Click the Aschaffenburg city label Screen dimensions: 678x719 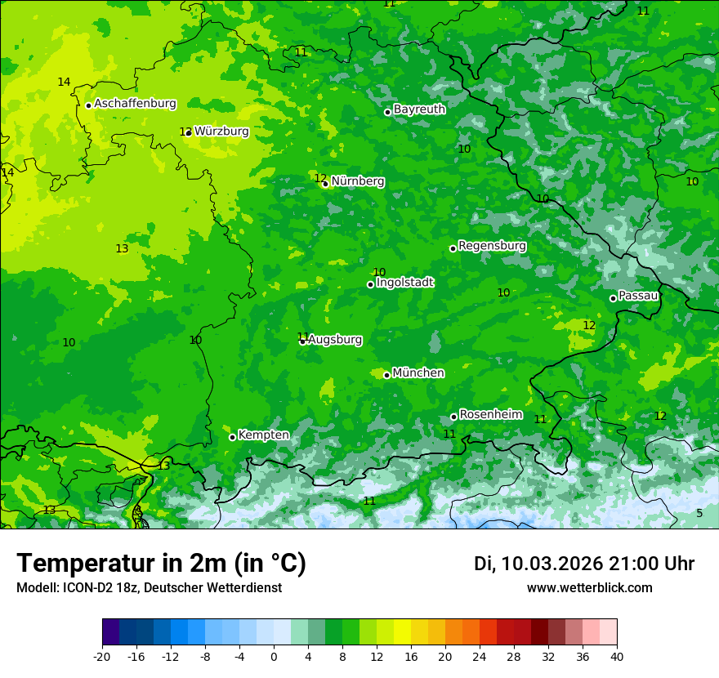pyautogui.click(x=135, y=104)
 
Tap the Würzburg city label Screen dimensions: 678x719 pyautogui.click(x=221, y=131)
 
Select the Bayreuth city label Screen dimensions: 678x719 pyautogui.click(x=419, y=109)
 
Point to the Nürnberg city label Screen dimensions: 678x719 pyautogui.click(x=357, y=181)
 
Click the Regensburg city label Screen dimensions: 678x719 pyautogui.click(x=492, y=246)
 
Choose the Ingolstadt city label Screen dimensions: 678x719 pyautogui.click(x=404, y=283)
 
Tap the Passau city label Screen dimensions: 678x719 pyautogui.click(x=638, y=296)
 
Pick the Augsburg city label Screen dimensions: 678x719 pyautogui.click(x=335, y=340)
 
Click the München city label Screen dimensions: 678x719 pyautogui.click(x=418, y=373)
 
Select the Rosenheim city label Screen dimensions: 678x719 pyautogui.click(x=490, y=415)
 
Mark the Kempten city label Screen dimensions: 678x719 pyautogui.click(x=263, y=435)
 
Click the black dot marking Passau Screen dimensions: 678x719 pyautogui.click(x=613, y=298)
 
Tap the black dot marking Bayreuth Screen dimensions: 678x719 pyautogui.click(x=388, y=112)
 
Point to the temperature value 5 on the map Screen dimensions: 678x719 pyautogui.click(x=699, y=513)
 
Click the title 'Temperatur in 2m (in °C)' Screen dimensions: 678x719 pyautogui.click(x=161, y=564)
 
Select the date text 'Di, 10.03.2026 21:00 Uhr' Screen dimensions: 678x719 pyautogui.click(x=584, y=564)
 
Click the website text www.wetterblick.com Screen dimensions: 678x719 pyautogui.click(x=589, y=588)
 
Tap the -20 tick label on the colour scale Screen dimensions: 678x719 pyautogui.click(x=102, y=656)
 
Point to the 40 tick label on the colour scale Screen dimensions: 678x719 pyautogui.click(x=617, y=656)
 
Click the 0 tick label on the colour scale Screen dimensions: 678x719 pyautogui.click(x=274, y=656)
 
